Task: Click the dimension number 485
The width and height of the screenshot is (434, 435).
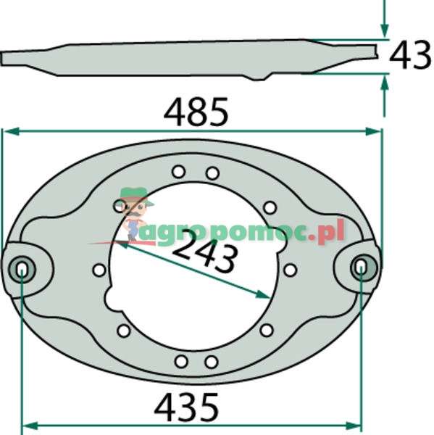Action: click(x=196, y=112)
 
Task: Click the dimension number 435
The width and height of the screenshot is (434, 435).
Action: click(x=186, y=407)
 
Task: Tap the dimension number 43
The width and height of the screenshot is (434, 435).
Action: click(x=410, y=55)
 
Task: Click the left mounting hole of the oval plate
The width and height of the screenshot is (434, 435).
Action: click(x=22, y=270)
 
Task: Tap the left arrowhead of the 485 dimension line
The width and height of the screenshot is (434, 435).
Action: click(x=11, y=131)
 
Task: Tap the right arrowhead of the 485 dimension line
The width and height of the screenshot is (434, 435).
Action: click(x=373, y=131)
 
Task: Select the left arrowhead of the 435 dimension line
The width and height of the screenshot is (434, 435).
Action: click(x=30, y=426)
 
